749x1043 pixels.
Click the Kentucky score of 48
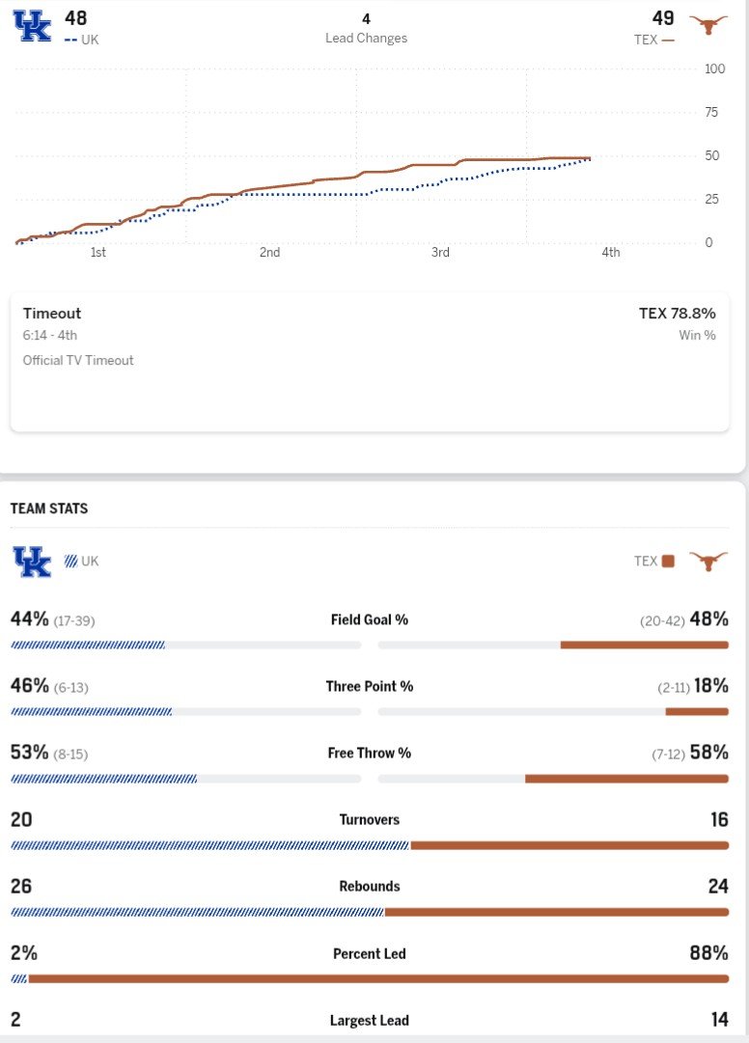pyautogui.click(x=75, y=17)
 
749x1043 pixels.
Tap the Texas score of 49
pyautogui.click(x=663, y=17)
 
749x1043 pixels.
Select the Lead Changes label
pyautogui.click(x=366, y=39)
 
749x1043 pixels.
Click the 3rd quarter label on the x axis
pyautogui.click(x=440, y=253)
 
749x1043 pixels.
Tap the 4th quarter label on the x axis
pyautogui.click(x=611, y=253)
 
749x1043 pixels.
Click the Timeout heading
pyautogui.click(x=52, y=314)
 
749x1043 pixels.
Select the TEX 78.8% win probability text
pyautogui.click(x=677, y=314)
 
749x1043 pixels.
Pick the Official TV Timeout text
pyautogui.click(x=78, y=360)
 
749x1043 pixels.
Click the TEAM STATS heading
pyautogui.click(x=49, y=508)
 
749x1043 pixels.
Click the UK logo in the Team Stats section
pyautogui.click(x=32, y=562)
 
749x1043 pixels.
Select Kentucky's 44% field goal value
pyautogui.click(x=30, y=618)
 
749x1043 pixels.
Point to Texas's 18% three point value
pyautogui.click(x=710, y=686)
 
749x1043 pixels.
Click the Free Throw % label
pyautogui.click(x=370, y=753)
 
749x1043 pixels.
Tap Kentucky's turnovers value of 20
pyautogui.click(x=21, y=819)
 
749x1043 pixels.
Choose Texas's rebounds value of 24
pyautogui.click(x=717, y=886)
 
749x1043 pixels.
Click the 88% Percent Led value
pyautogui.click(x=708, y=953)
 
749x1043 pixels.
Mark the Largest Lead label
pyautogui.click(x=370, y=1020)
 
